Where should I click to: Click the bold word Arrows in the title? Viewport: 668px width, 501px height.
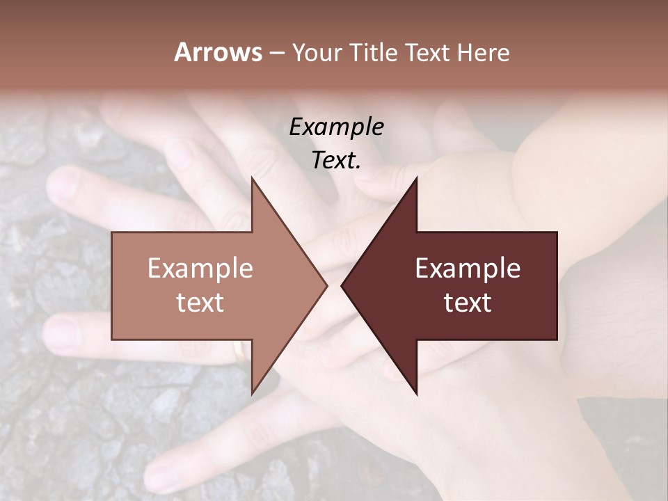point(218,52)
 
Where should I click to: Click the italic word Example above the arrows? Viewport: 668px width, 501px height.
point(336,127)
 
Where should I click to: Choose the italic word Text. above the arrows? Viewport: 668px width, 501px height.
point(336,160)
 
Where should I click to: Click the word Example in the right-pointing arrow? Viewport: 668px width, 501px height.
point(200,269)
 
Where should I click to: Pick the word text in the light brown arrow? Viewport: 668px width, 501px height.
point(200,303)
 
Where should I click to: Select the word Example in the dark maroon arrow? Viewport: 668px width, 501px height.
point(468,269)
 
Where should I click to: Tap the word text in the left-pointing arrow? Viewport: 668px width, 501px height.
point(468,303)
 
